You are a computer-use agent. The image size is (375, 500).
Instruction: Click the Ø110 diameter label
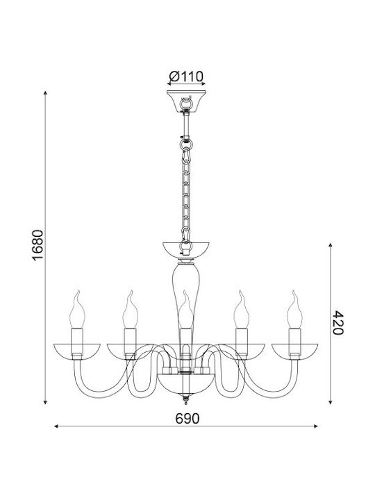[x=186, y=76]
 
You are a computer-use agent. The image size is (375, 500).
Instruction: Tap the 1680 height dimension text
[x=37, y=245]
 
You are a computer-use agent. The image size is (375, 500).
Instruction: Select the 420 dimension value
[x=338, y=322]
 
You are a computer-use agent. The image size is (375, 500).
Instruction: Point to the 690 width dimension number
[x=187, y=418]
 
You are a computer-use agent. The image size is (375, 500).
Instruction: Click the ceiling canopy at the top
[x=186, y=101]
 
